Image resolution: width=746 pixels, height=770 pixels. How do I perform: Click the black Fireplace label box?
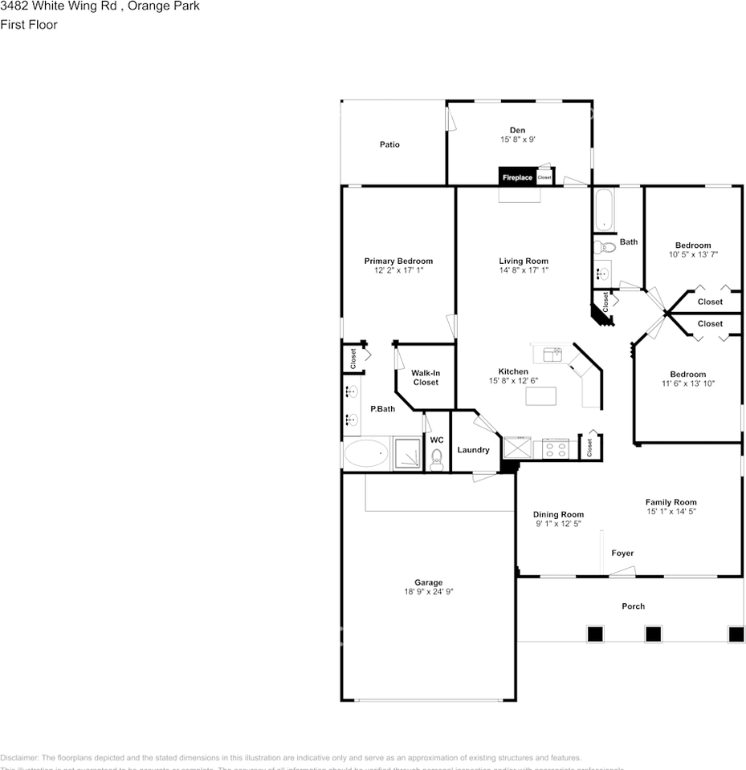[517, 177]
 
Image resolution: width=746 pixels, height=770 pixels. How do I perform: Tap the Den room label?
[517, 130]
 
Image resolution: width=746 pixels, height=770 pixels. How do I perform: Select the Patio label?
[389, 144]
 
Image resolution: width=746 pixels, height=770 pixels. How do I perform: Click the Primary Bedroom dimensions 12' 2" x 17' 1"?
[398, 271]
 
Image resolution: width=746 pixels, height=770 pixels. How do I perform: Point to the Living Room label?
[524, 261]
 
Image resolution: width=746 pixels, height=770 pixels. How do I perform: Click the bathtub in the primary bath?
[366, 454]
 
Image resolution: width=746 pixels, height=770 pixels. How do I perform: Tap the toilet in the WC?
[437, 458]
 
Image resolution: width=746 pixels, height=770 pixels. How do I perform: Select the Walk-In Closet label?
[426, 378]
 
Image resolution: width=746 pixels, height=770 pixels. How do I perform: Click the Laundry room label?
[473, 450]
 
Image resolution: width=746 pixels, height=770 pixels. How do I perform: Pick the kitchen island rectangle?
[541, 397]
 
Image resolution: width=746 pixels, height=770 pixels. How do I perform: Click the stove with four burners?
[556, 448]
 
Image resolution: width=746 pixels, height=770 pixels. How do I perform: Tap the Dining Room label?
[558, 514]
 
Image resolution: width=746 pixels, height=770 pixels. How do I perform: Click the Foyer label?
[622, 553]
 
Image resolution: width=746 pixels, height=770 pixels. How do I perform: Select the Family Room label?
[671, 502]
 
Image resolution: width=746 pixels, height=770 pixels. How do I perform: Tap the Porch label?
[633, 606]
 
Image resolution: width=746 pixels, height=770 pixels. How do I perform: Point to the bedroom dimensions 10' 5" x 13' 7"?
[693, 254]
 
